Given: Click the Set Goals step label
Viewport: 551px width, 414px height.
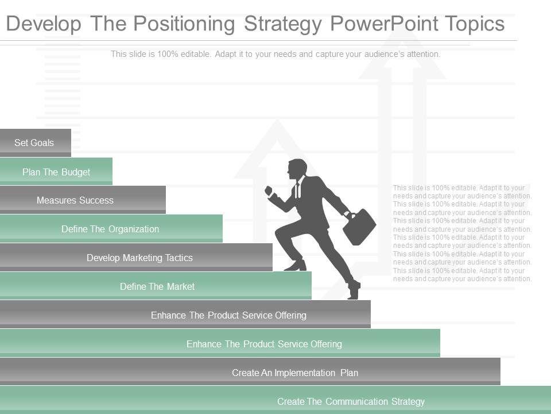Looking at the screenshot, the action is click(34, 143).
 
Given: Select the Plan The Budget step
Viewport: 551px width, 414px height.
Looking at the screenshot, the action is click(56, 172).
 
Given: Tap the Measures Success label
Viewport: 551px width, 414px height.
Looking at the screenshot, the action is click(75, 200).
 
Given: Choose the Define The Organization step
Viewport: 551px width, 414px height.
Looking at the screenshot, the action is click(110, 229).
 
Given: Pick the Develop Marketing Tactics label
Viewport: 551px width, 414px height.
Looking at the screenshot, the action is click(139, 258).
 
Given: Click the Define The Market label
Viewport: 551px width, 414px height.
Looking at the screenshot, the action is click(157, 286).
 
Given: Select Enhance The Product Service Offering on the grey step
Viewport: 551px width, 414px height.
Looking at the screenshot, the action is click(228, 315).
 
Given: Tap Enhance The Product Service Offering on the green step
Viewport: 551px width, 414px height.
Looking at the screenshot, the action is click(264, 344).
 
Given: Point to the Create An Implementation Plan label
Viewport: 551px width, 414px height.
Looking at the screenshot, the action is click(295, 373).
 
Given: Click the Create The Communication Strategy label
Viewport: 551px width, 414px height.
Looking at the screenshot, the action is click(351, 401).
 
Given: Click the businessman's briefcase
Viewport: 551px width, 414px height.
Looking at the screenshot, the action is click(359, 227).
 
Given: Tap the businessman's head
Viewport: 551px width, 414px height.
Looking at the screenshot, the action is click(297, 169).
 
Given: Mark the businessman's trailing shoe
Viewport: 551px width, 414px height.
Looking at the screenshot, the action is click(354, 290).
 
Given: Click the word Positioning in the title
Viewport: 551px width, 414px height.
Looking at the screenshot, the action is click(184, 24).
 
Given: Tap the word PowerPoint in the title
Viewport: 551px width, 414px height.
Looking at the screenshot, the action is click(384, 24).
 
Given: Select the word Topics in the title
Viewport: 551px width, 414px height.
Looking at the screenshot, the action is click(475, 24).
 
